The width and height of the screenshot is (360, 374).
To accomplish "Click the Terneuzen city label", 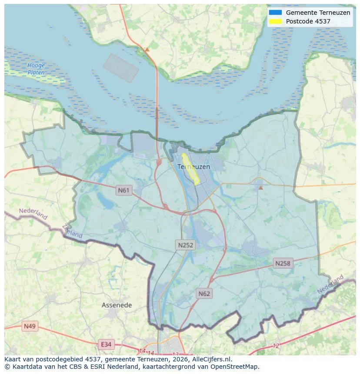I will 193,167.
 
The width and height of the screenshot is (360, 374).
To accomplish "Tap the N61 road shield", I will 124,190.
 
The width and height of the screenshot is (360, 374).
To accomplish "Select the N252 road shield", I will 186,245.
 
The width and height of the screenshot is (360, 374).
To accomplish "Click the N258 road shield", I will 283,263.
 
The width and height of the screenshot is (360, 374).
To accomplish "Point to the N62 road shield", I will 204,294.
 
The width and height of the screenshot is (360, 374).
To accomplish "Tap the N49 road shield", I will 30,326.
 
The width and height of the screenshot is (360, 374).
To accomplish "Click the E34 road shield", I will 106,344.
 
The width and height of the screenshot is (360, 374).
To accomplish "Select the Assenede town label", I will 117,305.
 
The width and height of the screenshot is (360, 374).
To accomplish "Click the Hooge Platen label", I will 36,69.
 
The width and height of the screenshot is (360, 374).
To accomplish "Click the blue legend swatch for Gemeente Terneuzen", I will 275,13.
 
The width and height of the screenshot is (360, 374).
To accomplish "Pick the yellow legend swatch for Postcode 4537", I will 275,21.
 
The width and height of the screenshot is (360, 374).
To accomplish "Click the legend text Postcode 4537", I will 308,21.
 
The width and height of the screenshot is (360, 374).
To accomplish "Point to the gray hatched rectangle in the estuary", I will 121,68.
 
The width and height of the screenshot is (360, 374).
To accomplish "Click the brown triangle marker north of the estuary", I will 147,50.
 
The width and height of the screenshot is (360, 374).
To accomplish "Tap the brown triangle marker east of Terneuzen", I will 260,188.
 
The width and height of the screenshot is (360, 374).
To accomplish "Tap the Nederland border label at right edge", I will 330,284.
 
